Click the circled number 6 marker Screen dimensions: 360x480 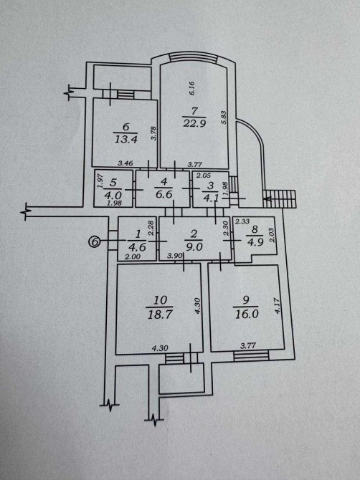[95, 242]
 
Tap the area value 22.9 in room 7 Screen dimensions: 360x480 [194, 123]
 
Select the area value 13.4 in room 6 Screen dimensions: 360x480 [126, 139]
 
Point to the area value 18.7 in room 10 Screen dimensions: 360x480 [159, 314]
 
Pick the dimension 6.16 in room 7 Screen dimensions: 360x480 [192, 88]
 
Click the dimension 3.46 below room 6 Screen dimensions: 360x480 [125, 163]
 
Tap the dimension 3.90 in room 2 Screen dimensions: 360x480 [175, 255]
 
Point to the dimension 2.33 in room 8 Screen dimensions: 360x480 [242, 221]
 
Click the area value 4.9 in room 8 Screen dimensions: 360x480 [255, 242]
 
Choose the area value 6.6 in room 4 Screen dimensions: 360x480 [164, 194]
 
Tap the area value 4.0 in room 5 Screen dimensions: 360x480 [113, 195]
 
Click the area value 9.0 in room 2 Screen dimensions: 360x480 [194, 246]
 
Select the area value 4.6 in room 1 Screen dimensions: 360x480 [138, 246]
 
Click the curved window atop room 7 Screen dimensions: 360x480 [194, 57]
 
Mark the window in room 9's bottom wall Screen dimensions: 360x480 [251, 356]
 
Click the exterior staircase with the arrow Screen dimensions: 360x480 [280, 199]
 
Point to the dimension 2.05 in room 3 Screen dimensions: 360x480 [204, 176]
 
